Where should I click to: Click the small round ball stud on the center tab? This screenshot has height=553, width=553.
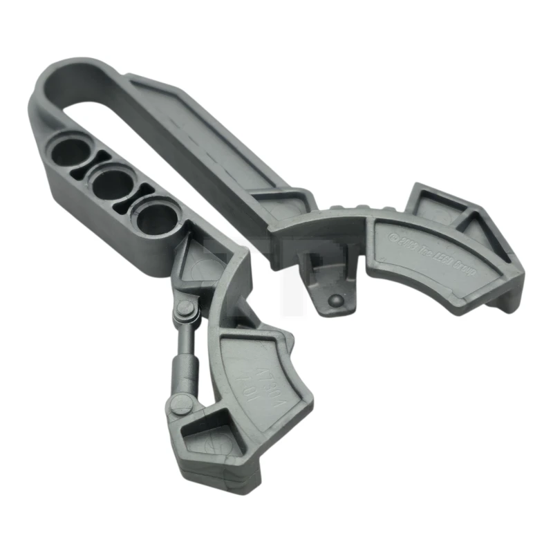click(335, 301)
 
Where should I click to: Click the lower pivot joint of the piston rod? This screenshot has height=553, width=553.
click(181, 404)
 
